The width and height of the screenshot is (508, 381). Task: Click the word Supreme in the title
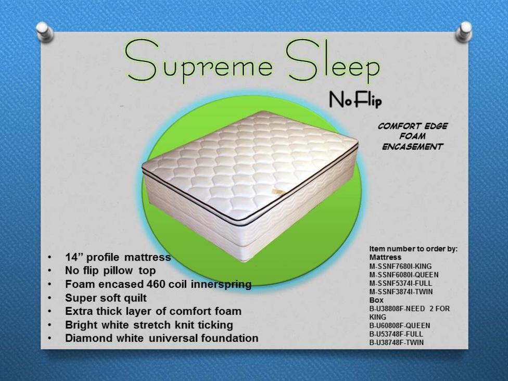click(x=199, y=63)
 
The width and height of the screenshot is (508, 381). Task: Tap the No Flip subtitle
click(x=355, y=99)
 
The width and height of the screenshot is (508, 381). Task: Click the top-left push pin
click(x=45, y=32)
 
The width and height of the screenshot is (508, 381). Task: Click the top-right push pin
click(x=464, y=31)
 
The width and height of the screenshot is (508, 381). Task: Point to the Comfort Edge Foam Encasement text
click(x=412, y=136)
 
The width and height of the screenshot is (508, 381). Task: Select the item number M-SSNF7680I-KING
click(x=400, y=266)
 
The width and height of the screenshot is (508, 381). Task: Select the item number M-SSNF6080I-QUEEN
click(x=404, y=275)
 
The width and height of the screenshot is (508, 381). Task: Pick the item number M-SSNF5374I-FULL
click(x=401, y=283)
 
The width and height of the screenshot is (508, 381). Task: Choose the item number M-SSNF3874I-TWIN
click(x=401, y=291)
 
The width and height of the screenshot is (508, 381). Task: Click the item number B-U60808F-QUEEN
click(x=400, y=326)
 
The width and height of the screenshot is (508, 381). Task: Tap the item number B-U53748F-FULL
click(x=396, y=334)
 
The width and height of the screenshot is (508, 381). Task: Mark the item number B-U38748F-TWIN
click(x=397, y=342)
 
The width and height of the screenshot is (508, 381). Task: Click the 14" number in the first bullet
click(x=74, y=257)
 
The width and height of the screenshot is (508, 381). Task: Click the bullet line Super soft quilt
click(x=106, y=298)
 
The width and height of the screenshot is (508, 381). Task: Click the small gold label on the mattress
click(x=278, y=192)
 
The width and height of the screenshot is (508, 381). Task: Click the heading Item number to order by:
click(x=413, y=249)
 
